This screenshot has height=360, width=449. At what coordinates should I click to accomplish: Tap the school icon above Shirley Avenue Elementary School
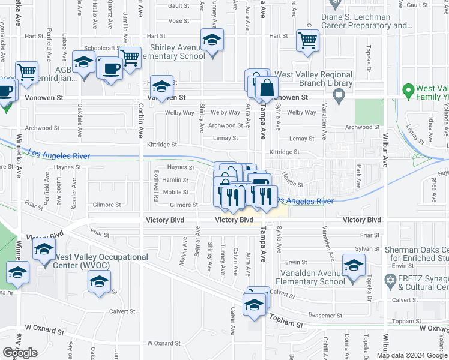(212, 40)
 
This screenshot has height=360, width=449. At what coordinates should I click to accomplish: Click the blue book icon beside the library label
(339, 94)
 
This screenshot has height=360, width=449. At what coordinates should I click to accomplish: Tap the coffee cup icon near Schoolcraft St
(111, 68)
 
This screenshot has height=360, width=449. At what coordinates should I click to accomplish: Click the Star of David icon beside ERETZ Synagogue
(391, 280)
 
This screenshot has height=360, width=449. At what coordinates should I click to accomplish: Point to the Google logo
(20, 352)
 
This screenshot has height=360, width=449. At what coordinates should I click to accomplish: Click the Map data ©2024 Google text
(412, 355)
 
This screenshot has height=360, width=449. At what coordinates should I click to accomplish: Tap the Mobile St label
(176, 193)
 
